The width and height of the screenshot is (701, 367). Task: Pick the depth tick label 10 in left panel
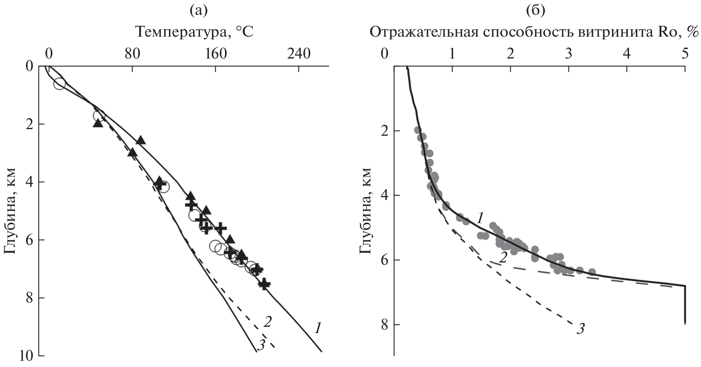point(26,355)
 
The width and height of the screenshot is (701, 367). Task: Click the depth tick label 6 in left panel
point(29,240)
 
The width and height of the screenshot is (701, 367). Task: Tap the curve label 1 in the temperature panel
point(318,329)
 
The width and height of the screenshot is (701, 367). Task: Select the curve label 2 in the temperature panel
point(268,322)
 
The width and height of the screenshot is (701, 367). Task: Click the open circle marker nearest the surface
point(59,83)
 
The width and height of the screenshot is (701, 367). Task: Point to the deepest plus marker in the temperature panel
point(264,284)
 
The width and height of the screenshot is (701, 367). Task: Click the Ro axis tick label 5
point(684,53)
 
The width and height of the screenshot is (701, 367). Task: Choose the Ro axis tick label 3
point(569,53)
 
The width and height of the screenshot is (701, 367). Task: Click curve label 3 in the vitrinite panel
point(581,329)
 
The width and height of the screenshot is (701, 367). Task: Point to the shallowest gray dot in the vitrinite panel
point(418,130)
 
